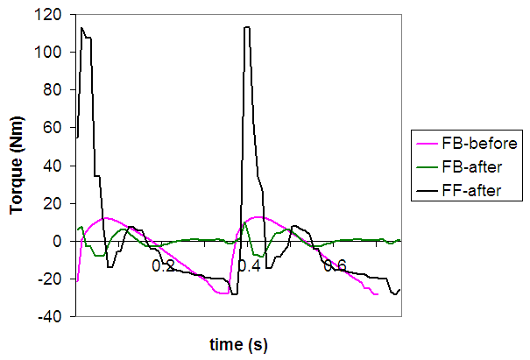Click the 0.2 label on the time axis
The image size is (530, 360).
pos(163,265)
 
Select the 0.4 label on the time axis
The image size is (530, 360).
pos(250,265)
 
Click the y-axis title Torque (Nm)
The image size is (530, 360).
pos(16,166)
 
